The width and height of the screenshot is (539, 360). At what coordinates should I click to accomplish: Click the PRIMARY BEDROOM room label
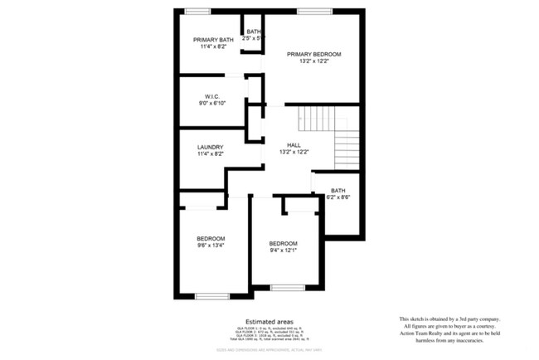click(313, 54)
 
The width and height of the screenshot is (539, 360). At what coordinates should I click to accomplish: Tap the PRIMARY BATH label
click(213, 40)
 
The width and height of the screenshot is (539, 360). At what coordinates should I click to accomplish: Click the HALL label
click(293, 144)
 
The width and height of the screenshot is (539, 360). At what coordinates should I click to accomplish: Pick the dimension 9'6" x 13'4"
click(211, 246)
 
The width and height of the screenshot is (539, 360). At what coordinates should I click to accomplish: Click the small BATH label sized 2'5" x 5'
click(252, 32)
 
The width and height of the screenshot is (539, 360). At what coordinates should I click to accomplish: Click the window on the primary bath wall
click(197, 11)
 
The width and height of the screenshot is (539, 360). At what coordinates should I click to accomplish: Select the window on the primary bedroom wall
click(309, 11)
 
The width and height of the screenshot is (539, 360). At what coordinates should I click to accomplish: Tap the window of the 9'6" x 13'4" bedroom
click(212, 296)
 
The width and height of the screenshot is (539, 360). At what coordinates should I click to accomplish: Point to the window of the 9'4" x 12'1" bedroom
click(287, 288)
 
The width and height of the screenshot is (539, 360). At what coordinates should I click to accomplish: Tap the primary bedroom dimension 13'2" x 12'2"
click(313, 61)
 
